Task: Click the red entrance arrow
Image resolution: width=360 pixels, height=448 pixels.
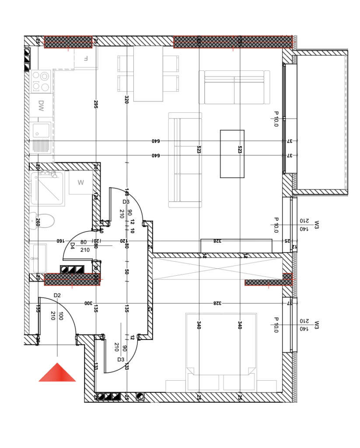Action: (57, 373)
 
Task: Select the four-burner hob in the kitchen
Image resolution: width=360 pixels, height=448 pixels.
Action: (41, 81)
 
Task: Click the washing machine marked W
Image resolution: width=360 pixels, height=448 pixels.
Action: (80, 183)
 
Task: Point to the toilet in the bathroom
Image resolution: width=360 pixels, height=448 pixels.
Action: (44, 220)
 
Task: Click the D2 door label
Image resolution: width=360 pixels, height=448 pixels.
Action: (57, 295)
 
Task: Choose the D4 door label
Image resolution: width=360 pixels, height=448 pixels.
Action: (73, 245)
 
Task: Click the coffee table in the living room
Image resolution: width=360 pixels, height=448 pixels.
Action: (232, 154)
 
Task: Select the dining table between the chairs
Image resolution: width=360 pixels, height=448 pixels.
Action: (148, 73)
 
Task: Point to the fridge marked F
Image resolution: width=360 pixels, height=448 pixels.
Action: (86, 58)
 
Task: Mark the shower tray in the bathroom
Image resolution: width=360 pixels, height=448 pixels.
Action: (47, 188)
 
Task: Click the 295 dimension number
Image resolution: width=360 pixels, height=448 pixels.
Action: (96, 104)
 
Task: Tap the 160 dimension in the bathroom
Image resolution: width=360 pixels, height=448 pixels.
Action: (60, 241)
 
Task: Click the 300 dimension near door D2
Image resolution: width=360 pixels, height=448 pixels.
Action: (87, 303)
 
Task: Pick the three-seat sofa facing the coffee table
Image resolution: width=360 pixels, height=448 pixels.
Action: (185, 160)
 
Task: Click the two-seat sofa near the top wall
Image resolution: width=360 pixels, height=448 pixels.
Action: (234, 87)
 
